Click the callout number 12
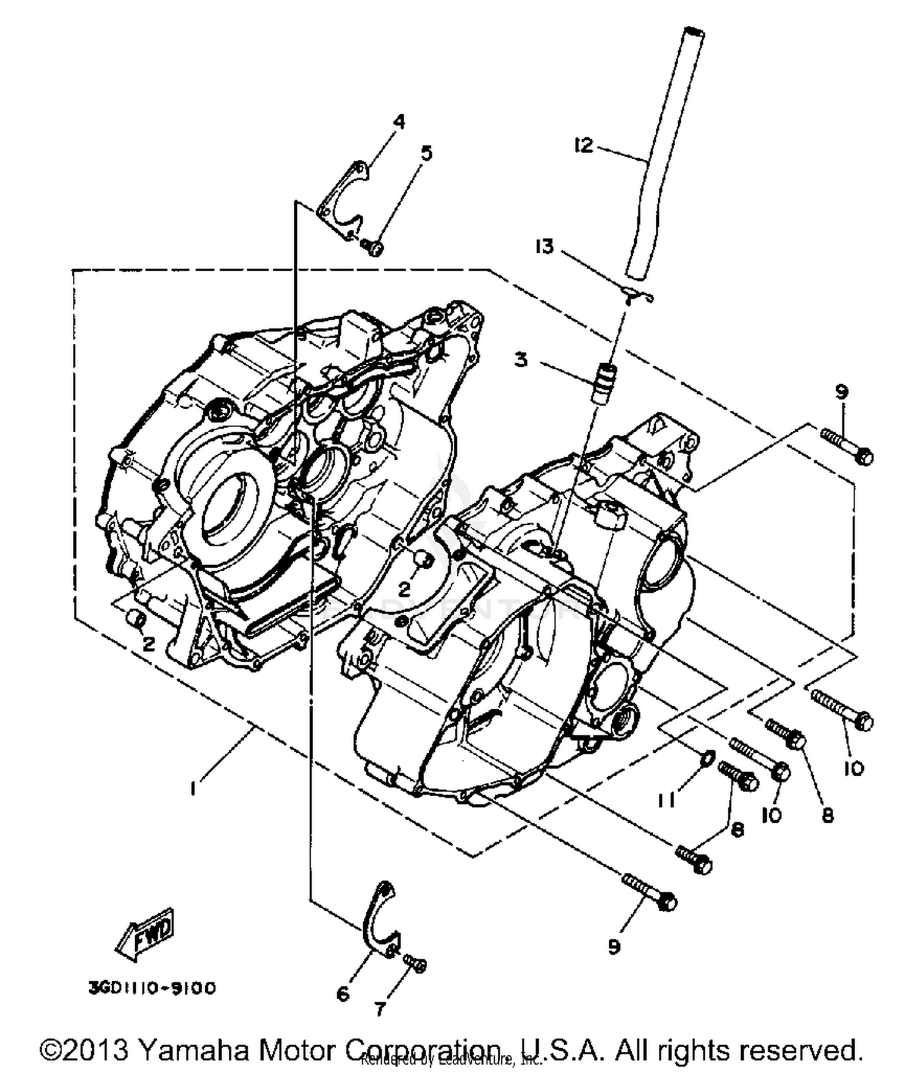point(583,145)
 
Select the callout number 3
point(521,360)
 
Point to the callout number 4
point(399,122)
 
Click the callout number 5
point(427,153)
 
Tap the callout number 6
point(343,993)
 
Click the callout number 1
point(192,788)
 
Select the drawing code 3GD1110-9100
point(151,989)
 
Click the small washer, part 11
point(709,755)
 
